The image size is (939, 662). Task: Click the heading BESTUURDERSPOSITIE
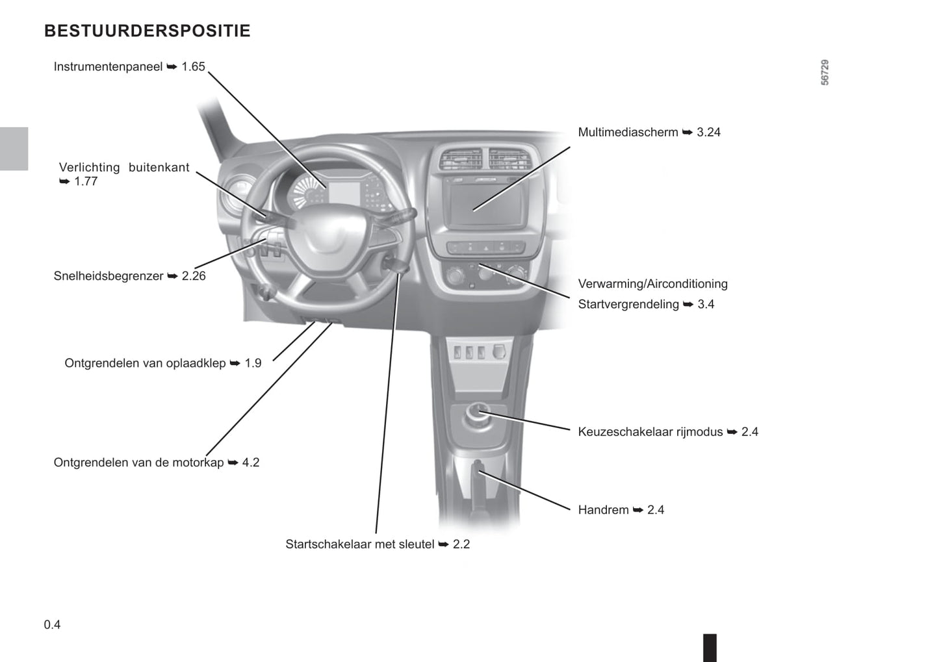click(x=147, y=31)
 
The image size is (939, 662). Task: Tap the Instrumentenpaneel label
click(x=129, y=67)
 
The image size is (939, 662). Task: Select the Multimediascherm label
click(x=649, y=133)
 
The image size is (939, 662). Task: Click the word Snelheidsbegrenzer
click(x=109, y=276)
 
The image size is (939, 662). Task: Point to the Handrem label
click(x=621, y=510)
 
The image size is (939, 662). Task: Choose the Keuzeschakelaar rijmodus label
click(x=668, y=432)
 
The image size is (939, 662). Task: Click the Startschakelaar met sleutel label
click(x=378, y=544)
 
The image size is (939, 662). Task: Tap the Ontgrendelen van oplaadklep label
click(x=162, y=363)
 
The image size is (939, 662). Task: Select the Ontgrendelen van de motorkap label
click(x=157, y=463)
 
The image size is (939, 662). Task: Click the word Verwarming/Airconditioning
click(x=652, y=284)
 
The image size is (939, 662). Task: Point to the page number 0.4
click(x=52, y=625)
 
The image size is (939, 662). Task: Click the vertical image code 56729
click(x=825, y=73)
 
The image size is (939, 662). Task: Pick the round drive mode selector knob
click(x=478, y=414)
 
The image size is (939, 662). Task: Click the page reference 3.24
click(x=708, y=133)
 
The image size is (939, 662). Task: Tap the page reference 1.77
click(x=86, y=181)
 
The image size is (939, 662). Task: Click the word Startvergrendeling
click(x=628, y=304)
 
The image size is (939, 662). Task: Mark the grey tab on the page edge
click(x=14, y=149)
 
